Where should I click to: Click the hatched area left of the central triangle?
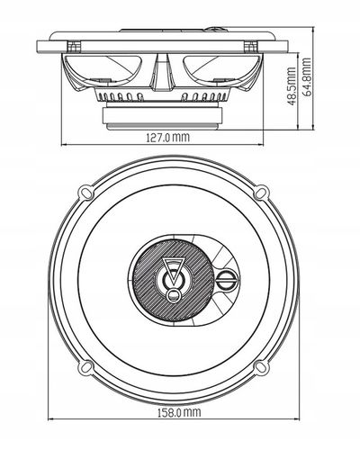coord(144,278)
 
